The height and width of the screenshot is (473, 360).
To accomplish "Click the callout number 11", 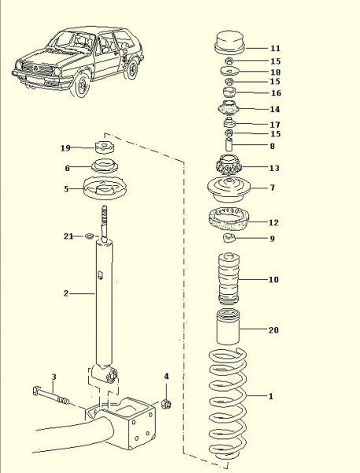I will click(274, 48).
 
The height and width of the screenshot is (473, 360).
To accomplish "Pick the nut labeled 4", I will click(166, 404).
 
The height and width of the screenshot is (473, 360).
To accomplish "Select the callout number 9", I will click(273, 238).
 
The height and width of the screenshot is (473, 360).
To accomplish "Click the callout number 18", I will click(274, 72).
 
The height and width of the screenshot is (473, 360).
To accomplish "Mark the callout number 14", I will click(274, 109).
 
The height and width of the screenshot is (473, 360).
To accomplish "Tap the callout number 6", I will click(68, 168).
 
